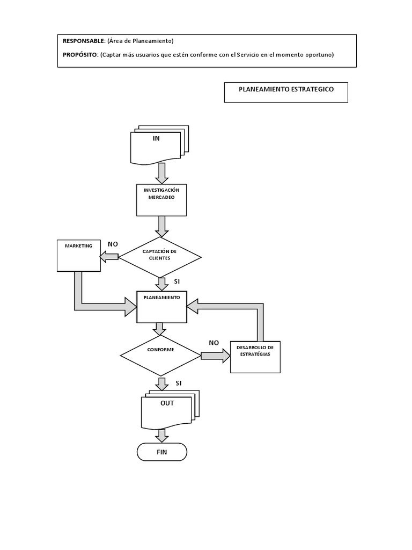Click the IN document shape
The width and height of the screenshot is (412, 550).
point(157,146)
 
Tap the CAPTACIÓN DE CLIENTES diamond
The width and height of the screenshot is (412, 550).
point(160,257)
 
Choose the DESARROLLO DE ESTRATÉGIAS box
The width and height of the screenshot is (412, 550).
point(255,357)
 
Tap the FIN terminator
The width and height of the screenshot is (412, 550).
point(162,452)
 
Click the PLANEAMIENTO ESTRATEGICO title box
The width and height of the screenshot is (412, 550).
point(286,92)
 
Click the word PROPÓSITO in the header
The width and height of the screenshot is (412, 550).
point(80,55)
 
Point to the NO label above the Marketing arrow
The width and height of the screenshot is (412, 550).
point(113,244)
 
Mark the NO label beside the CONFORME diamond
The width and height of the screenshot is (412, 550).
point(214,342)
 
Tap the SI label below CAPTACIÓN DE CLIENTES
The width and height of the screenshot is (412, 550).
point(178,281)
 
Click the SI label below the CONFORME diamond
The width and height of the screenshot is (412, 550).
point(179,383)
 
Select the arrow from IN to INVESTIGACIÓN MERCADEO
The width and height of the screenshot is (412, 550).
point(161,173)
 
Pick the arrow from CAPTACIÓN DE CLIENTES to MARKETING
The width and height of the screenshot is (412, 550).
point(109,257)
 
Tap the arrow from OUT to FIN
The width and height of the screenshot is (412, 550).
point(162,435)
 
